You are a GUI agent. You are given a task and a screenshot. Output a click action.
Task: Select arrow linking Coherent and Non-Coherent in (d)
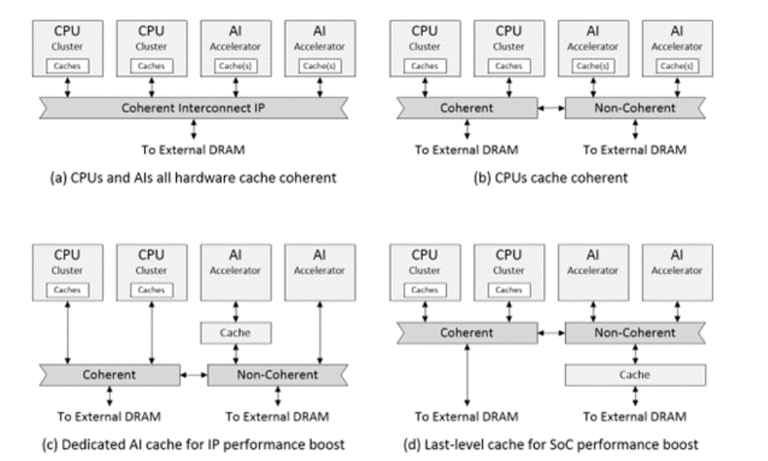[x=552, y=333]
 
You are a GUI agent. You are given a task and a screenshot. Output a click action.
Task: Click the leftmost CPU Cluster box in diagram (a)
[x=65, y=47]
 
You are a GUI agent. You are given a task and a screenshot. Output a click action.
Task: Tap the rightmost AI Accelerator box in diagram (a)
[x=318, y=47]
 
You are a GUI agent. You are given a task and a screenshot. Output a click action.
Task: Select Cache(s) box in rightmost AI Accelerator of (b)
[x=675, y=66]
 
